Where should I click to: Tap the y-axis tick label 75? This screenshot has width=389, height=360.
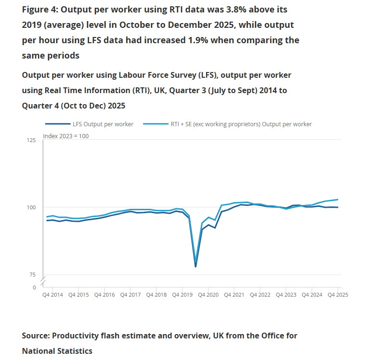coord(32,275)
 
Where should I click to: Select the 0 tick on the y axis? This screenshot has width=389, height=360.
coord(34,288)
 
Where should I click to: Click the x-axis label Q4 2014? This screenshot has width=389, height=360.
coord(52,295)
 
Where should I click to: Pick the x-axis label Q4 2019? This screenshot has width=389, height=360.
coord(182,295)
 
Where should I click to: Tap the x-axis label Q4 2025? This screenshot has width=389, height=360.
coord(338,295)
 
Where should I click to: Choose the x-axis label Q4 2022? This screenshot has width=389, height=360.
coord(260,295)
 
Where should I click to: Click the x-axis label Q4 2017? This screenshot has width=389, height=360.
coord(130,295)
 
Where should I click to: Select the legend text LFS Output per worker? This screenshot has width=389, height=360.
coord(103,124)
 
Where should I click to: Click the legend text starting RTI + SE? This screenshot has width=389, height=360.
coord(241,124)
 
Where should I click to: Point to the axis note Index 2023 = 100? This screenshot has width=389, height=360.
coord(66,136)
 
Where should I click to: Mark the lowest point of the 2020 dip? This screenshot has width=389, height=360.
coord(195,266)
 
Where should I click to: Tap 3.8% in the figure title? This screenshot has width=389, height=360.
coord(222,10)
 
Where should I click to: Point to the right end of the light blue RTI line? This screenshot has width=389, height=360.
coord(338,200)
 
